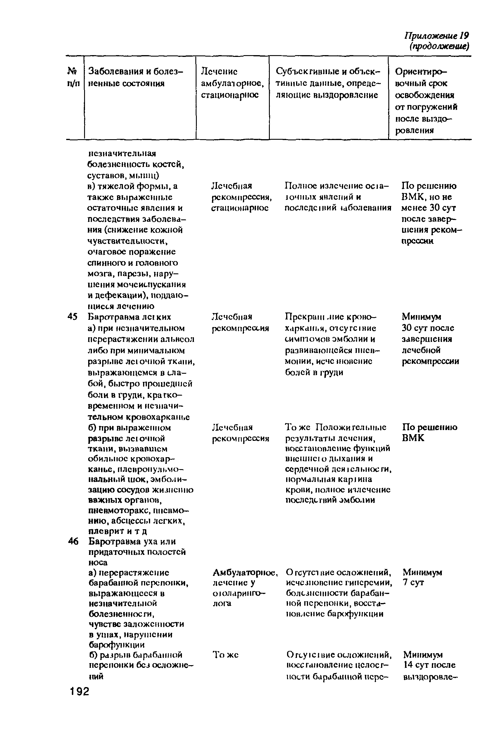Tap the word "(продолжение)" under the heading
pyautogui.click(x=439, y=47)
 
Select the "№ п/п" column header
pyautogui.click(x=74, y=77)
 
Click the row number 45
pyautogui.click(x=73, y=317)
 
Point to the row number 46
pyautogui.click(x=73, y=541)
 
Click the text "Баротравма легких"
pyautogui.click(x=129, y=317)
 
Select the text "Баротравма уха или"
pyautogui.click(x=132, y=541)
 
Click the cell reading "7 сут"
pyautogui.click(x=413, y=583)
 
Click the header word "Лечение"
pyautogui.click(x=219, y=71)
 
